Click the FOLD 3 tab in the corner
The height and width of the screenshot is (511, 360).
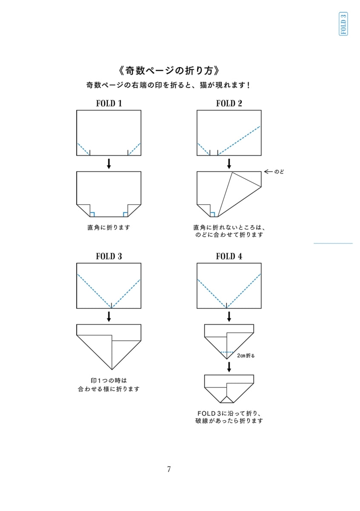pyautogui.click(x=343, y=24)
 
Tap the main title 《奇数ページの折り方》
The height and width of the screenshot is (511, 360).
pyautogui.click(x=169, y=71)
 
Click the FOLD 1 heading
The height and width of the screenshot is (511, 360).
pyautogui.click(x=109, y=103)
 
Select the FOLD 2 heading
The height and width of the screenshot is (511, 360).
pyautogui.click(x=229, y=103)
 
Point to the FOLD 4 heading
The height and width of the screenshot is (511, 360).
pyautogui.click(x=229, y=256)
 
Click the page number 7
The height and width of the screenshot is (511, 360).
pyautogui.click(x=169, y=469)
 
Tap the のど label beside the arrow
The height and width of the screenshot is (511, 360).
pyautogui.click(x=279, y=172)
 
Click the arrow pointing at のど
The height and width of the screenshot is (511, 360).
pyautogui.click(x=269, y=172)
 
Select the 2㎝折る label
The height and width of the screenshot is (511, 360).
pyautogui.click(x=246, y=356)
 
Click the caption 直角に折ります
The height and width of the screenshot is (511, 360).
pyautogui.click(x=109, y=227)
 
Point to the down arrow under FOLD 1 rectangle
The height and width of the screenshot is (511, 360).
pyautogui.click(x=109, y=164)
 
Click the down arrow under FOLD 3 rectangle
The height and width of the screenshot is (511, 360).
pyautogui.click(x=109, y=317)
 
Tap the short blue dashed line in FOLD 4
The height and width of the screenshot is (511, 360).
pyautogui.click(x=227, y=353)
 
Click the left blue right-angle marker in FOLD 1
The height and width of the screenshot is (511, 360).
pyautogui.click(x=92, y=215)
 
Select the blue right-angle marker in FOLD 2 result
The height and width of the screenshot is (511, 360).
pyautogui.click(x=212, y=215)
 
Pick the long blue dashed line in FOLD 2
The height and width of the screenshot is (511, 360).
pyautogui.click(x=239, y=141)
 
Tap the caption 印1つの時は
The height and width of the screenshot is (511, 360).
pyautogui.click(x=109, y=381)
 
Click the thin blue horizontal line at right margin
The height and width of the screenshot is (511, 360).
pyautogui.click(x=333, y=244)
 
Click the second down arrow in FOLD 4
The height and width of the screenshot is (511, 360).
pyautogui.click(x=229, y=367)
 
